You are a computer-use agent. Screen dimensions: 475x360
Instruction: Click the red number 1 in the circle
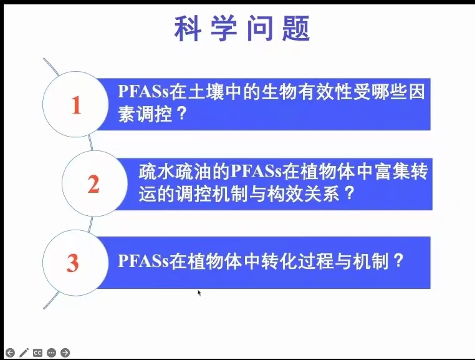pyautogui.click(x=76, y=105)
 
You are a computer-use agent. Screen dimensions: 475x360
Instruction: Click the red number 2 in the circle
pyautogui.click(x=94, y=184)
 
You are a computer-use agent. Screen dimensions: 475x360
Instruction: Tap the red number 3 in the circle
pyautogui.click(x=73, y=263)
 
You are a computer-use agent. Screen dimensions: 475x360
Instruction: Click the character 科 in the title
pyautogui.click(x=188, y=28)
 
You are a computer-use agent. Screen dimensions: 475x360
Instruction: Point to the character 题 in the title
pyautogui.click(x=296, y=28)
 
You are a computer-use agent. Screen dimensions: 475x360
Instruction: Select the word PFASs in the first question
pyautogui.click(x=143, y=91)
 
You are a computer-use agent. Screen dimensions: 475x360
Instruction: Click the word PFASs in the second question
pyautogui.click(x=256, y=172)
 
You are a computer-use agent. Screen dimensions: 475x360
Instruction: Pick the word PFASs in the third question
pyautogui.click(x=143, y=261)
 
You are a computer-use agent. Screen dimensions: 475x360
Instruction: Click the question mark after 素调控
pyautogui.click(x=182, y=114)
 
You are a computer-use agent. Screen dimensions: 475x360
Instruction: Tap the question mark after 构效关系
pyautogui.click(x=350, y=193)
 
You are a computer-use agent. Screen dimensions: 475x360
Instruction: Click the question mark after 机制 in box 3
pyautogui.click(x=398, y=260)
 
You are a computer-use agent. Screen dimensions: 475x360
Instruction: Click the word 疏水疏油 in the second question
pyautogui.click(x=175, y=172)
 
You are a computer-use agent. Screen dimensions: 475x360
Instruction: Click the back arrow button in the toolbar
pyautogui.click(x=10, y=353)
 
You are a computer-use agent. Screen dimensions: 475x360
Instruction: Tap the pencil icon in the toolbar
pyautogui.click(x=24, y=353)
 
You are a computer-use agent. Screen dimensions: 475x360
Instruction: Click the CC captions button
pyautogui.click(x=37, y=353)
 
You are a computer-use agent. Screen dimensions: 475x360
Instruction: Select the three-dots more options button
pyautogui.click(x=52, y=353)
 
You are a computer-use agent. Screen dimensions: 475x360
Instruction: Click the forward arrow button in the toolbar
pyautogui.click(x=65, y=353)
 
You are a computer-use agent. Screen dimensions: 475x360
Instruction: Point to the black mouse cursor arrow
pyautogui.click(x=199, y=293)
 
